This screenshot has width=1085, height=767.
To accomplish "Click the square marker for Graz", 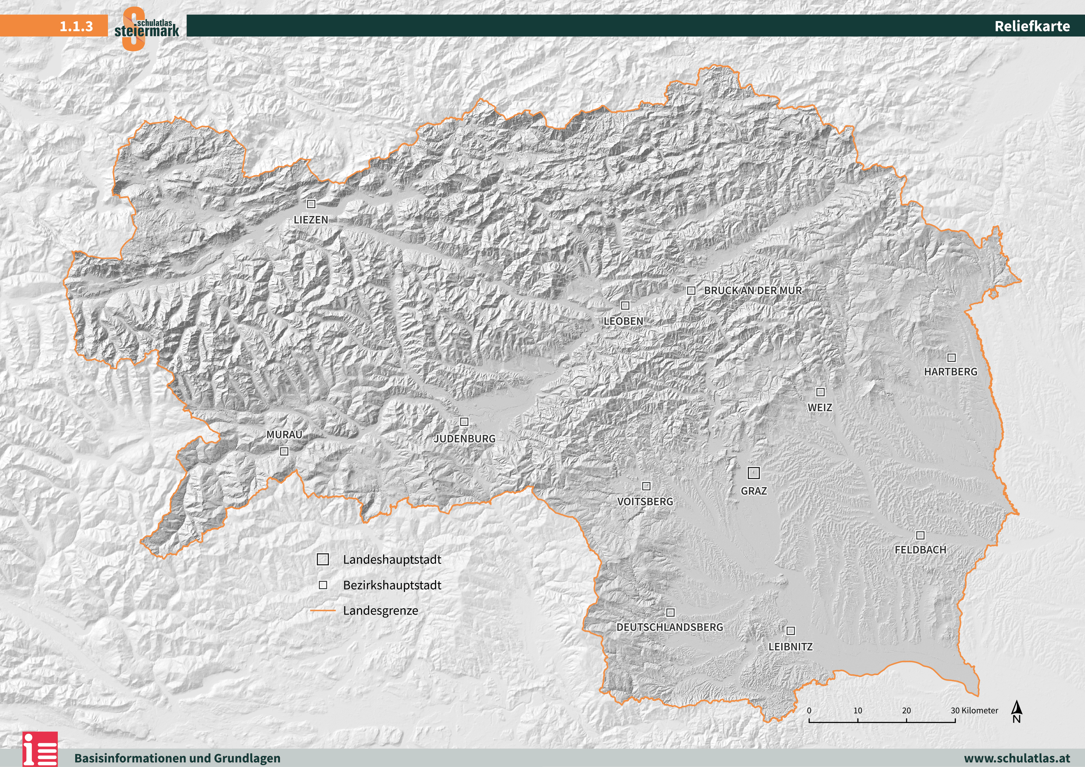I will click(x=753, y=472).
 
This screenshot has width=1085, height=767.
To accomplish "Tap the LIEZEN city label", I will click(x=311, y=220).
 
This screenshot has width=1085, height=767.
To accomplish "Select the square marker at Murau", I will click(x=284, y=451).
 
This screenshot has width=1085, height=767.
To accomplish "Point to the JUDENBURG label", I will click(x=464, y=438).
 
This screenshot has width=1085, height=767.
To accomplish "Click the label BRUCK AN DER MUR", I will click(x=753, y=290).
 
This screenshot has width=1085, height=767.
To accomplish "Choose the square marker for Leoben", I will click(x=625, y=305).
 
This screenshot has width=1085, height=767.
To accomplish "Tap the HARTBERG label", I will click(x=950, y=372).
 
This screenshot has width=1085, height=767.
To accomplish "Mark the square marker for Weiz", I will click(x=820, y=392).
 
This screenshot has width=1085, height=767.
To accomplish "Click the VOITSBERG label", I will click(x=645, y=501).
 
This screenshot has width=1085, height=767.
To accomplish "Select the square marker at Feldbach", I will click(x=920, y=535).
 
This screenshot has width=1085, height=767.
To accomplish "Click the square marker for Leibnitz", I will click(x=790, y=631).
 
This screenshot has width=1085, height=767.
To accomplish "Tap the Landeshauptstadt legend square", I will click(x=323, y=559).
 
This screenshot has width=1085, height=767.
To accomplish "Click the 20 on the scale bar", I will click(x=906, y=710).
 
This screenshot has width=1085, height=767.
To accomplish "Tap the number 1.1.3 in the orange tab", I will click(x=76, y=26).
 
